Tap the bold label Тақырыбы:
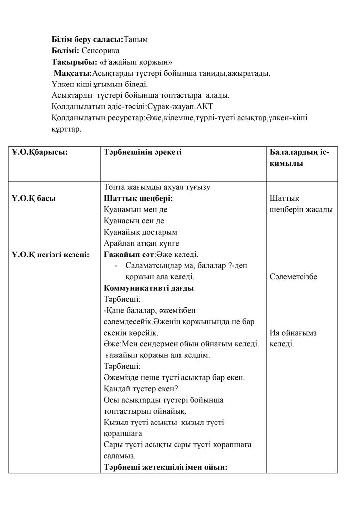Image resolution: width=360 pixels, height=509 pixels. tap(74, 62)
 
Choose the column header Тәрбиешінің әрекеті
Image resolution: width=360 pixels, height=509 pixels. tap(143, 152)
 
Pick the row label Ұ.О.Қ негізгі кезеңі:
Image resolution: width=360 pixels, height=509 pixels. tap(50, 254)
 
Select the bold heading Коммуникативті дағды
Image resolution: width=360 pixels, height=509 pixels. tap(149, 288)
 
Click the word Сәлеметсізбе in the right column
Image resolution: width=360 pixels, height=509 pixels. tap(293, 277)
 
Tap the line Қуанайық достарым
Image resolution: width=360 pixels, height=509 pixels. tap(141, 232)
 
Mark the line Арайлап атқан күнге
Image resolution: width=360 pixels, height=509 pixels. tap(141, 243)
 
